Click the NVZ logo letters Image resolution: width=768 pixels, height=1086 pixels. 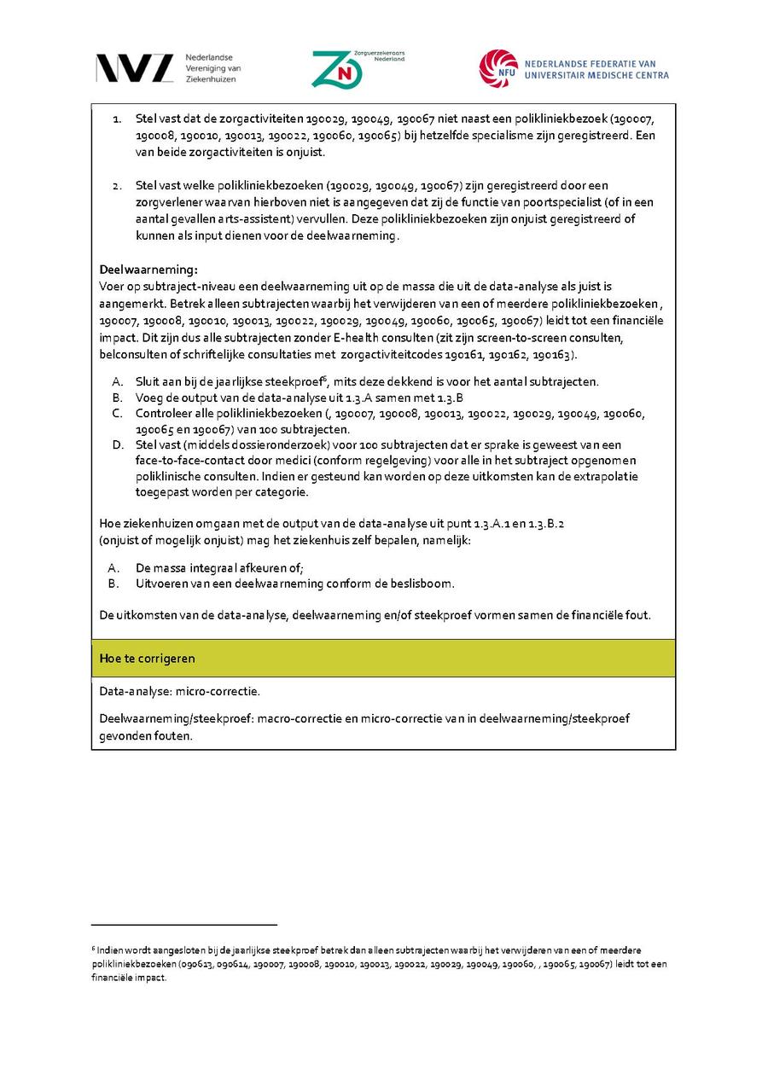tap(134, 68)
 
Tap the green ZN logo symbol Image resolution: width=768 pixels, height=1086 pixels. tap(336, 69)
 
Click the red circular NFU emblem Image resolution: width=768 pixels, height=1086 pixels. tap(497, 68)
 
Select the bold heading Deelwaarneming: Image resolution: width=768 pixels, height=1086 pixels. tap(148, 270)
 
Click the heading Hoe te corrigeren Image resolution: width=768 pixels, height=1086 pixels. tap(147, 658)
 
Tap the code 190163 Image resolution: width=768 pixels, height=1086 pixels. tap(556, 354)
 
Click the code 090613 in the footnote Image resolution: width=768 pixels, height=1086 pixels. tap(195, 964)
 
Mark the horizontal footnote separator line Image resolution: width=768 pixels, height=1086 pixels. tap(184, 924)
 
